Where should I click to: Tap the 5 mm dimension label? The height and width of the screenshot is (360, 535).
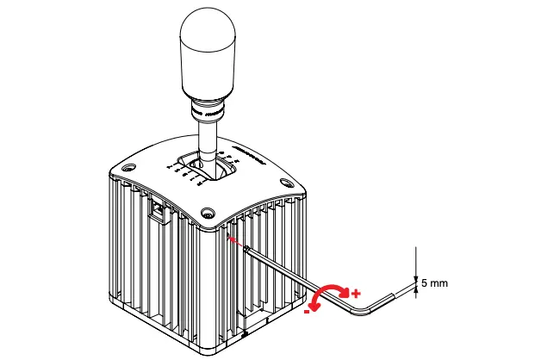(x=436, y=282)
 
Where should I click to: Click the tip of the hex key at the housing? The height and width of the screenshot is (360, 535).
(x=247, y=249)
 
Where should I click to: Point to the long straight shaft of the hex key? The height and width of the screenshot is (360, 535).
(x=293, y=276)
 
